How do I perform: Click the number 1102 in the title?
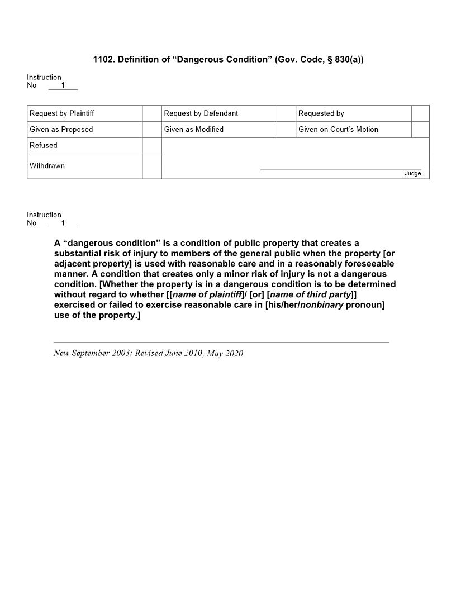tap(103, 59)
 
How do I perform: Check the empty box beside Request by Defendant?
tap(286, 113)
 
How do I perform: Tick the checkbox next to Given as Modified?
tap(286, 130)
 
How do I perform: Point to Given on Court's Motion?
tap(338, 130)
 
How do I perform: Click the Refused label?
tap(44, 145)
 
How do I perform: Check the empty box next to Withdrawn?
tap(151, 166)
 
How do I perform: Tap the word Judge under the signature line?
tap(412, 174)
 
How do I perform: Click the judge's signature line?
tap(341, 169)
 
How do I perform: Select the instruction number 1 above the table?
tap(63, 85)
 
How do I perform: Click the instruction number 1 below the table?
tap(63, 223)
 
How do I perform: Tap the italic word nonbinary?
tap(321, 305)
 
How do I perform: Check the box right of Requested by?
tap(420, 113)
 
